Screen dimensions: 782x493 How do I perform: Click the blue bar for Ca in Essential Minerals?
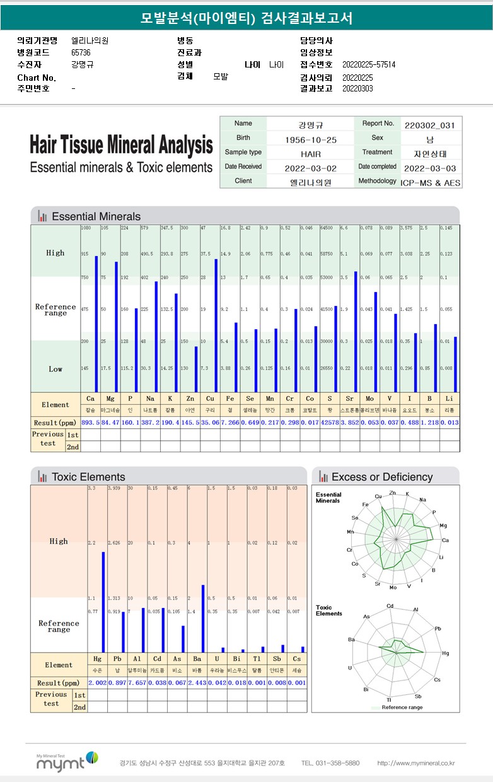click(96, 324)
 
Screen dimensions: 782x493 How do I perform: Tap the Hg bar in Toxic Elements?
click(103, 602)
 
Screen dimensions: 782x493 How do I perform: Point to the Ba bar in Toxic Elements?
click(202, 618)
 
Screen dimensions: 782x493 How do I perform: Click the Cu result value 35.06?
click(210, 422)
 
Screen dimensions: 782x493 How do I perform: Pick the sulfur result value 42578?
click(329, 422)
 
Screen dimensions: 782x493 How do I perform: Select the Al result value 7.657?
click(137, 683)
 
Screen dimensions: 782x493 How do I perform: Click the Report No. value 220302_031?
click(430, 125)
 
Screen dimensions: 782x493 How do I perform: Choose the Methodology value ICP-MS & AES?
click(430, 182)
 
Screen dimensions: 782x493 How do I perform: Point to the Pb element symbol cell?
click(117, 659)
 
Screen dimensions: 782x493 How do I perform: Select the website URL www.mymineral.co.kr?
click(416, 763)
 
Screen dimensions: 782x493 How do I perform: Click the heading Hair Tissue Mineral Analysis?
click(121, 145)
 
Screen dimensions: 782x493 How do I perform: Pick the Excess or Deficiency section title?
click(381, 477)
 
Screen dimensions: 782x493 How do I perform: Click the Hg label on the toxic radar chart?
click(445, 654)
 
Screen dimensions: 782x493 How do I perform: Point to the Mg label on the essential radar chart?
click(443, 525)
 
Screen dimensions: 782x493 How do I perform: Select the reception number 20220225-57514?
click(369, 64)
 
